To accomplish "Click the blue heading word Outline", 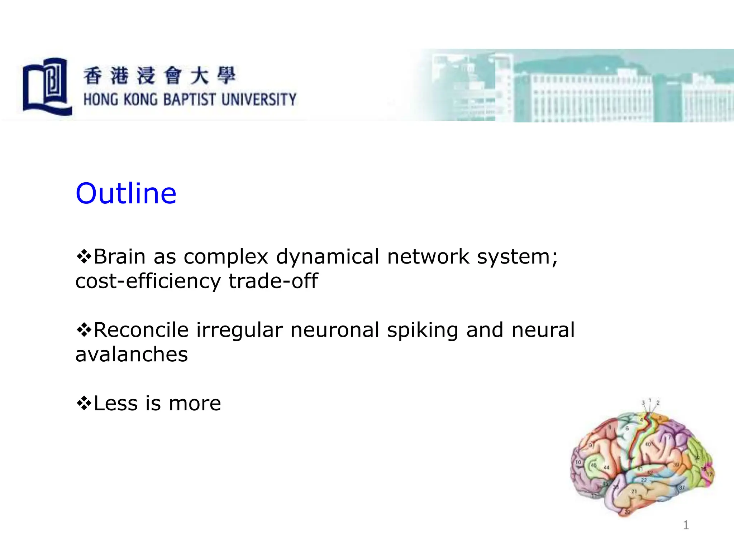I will (x=126, y=193).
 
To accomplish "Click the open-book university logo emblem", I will (x=47, y=87).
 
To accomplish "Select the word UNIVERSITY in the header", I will (x=259, y=100).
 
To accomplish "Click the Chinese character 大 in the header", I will (x=199, y=76).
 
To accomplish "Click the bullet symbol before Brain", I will (x=84, y=257).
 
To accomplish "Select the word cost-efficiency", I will (x=148, y=281).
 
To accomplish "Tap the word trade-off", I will (x=273, y=281).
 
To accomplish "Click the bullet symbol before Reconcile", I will (x=84, y=330).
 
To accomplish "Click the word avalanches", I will (x=132, y=354).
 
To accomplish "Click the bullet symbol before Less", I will (x=84, y=403).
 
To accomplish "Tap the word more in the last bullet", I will (x=195, y=403).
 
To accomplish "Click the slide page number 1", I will (x=686, y=525).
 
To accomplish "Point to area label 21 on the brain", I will (x=634, y=491).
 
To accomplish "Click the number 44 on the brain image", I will (x=606, y=468).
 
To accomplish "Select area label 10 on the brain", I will (x=578, y=462).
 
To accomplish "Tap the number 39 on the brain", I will (x=676, y=464).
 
